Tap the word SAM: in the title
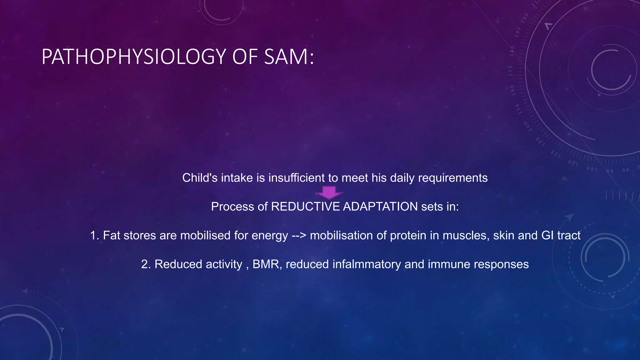point(289,57)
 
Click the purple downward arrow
point(329,192)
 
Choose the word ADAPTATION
point(380,207)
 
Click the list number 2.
point(146,264)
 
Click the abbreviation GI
point(547,235)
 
